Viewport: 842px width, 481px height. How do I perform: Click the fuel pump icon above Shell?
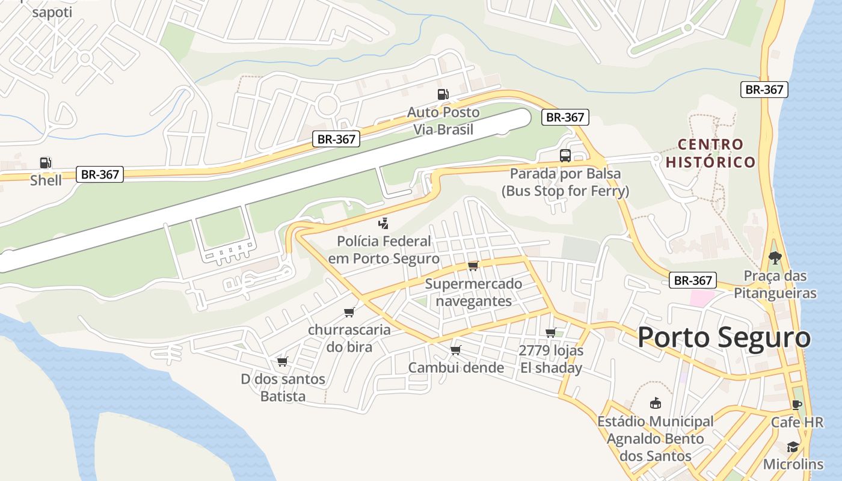(x=46, y=162)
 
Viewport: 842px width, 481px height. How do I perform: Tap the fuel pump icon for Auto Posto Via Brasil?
(x=443, y=94)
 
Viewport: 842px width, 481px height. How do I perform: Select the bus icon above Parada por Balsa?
(x=565, y=156)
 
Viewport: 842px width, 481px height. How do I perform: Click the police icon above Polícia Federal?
(x=383, y=224)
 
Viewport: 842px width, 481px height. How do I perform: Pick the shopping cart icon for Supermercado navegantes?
(x=473, y=266)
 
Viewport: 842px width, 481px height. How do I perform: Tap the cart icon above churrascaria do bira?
(x=349, y=312)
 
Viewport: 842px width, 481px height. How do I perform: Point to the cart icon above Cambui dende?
(x=455, y=350)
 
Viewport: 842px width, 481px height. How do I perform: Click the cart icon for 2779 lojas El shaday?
(x=550, y=332)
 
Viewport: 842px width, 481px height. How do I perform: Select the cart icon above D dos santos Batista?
(x=282, y=361)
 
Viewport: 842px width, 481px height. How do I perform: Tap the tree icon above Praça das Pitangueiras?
(x=775, y=258)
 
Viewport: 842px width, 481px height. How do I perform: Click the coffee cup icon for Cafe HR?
(x=797, y=405)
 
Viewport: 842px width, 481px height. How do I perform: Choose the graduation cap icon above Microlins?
(x=793, y=447)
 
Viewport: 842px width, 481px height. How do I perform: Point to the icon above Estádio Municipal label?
(x=655, y=403)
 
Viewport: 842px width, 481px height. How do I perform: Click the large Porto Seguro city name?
(x=724, y=337)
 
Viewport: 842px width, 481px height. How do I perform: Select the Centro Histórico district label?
(x=710, y=153)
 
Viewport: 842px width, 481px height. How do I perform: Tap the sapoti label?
(x=52, y=12)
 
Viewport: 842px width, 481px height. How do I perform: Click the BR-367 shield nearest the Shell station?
(x=100, y=174)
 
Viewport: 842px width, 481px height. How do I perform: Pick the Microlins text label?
(x=793, y=464)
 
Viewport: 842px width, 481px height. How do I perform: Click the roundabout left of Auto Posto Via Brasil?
(x=327, y=106)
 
